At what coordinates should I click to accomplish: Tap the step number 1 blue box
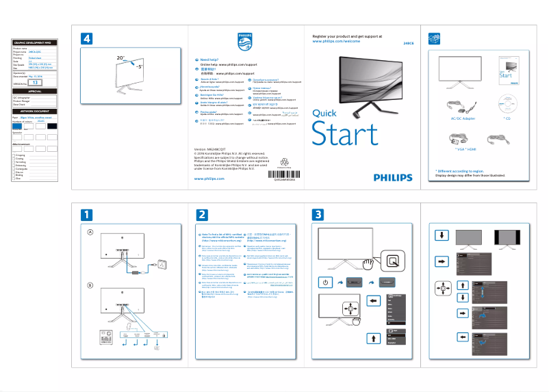(x=87, y=215)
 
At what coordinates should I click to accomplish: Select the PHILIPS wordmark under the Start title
(x=393, y=177)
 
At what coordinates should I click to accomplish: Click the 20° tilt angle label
(x=121, y=59)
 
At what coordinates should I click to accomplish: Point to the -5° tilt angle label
(x=139, y=68)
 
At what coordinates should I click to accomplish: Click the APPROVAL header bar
(x=35, y=91)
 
